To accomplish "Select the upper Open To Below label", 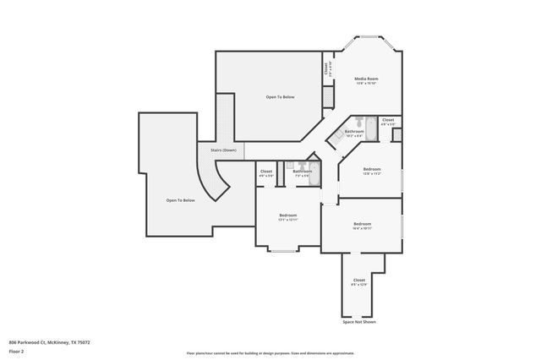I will pyautogui.click(x=280, y=97).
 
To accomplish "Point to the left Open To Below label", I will pyautogui.click(x=180, y=200).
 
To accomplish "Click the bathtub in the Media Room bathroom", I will pyautogui.click(x=363, y=121).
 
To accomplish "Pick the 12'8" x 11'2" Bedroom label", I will pyautogui.click(x=372, y=171).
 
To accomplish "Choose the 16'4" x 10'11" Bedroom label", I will pyautogui.click(x=362, y=226).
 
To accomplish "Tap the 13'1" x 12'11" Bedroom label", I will pyautogui.click(x=287, y=217).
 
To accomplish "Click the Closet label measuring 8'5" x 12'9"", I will pyautogui.click(x=358, y=281).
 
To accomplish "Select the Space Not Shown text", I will pyautogui.click(x=358, y=322).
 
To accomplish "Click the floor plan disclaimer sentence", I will pyautogui.click(x=270, y=353).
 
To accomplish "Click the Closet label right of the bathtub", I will pyautogui.click(x=387, y=121).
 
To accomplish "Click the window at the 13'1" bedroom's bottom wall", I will pyautogui.click(x=282, y=252).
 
